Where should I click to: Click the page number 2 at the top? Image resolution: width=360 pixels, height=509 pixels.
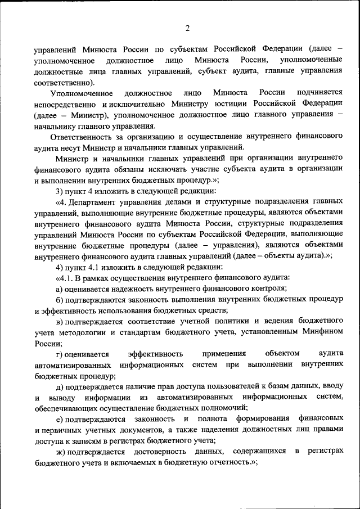[188, 29]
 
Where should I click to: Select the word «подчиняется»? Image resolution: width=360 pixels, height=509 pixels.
[316, 92]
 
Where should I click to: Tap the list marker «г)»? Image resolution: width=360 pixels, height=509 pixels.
[60, 353]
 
